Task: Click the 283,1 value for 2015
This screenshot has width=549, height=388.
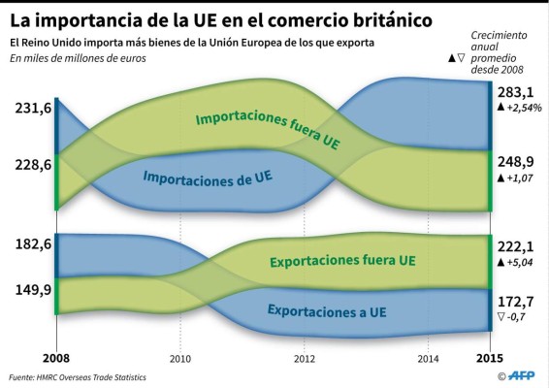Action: [x=515, y=92]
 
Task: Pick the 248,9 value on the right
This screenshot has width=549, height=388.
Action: [x=515, y=162]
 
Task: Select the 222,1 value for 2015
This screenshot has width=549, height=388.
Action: [x=515, y=246]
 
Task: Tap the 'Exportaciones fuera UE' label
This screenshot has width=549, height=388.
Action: [x=342, y=260]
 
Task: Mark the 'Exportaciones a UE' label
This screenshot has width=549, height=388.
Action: [x=327, y=311]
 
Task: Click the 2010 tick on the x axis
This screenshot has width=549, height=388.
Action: [x=180, y=359]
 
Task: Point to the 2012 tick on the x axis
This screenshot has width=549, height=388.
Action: [x=304, y=359]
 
